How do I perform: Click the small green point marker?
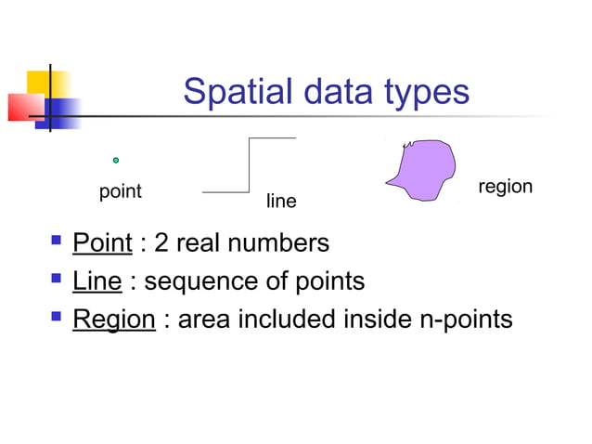click(116, 161)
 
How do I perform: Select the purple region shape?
click(421, 170)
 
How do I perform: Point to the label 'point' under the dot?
click(120, 192)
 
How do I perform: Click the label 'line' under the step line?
click(281, 201)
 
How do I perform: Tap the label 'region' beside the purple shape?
click(505, 187)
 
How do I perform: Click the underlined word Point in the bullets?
click(102, 243)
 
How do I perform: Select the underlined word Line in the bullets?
click(97, 281)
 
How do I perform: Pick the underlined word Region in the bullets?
click(114, 320)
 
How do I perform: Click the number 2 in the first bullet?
click(161, 243)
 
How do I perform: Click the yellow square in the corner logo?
click(37, 82)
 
